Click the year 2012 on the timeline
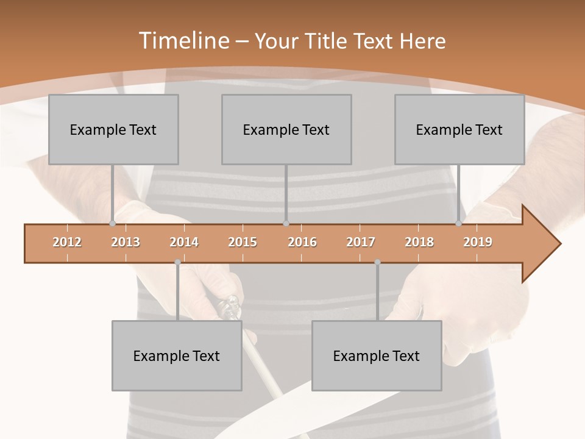pyautogui.click(x=67, y=242)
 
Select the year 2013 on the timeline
pyautogui.click(x=126, y=242)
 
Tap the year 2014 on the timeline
pyautogui.click(x=184, y=242)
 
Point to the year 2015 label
pyautogui.click(x=243, y=242)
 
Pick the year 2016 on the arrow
pyautogui.click(x=302, y=242)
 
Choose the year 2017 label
pyautogui.click(x=361, y=242)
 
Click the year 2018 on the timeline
pyautogui.click(x=419, y=242)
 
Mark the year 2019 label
pyautogui.click(x=478, y=242)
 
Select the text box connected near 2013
pyautogui.click(x=113, y=129)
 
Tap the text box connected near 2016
pyautogui.click(x=286, y=129)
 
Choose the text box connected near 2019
pyautogui.click(x=459, y=129)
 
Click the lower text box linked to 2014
pyautogui.click(x=177, y=355)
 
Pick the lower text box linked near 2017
pyautogui.click(x=377, y=355)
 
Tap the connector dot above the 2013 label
pyautogui.click(x=113, y=224)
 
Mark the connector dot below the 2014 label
pyautogui.click(x=177, y=262)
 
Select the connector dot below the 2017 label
pyautogui.click(x=377, y=262)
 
